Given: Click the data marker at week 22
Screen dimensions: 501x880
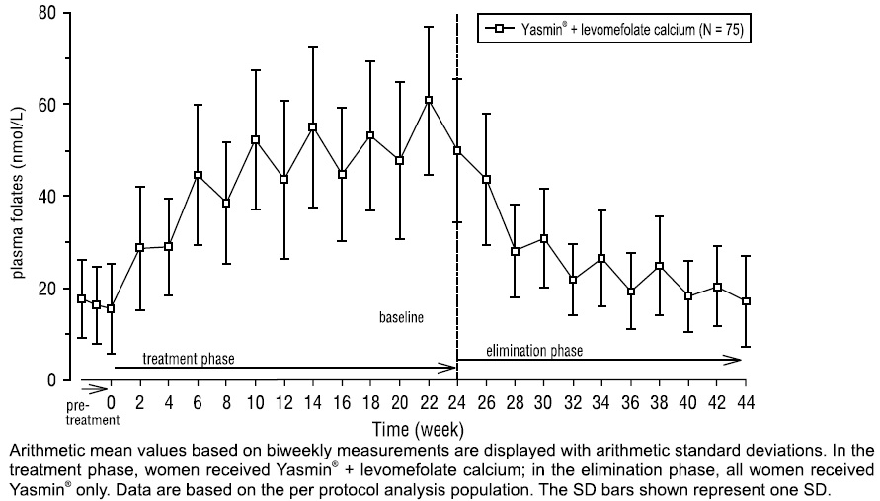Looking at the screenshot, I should tap(428, 100).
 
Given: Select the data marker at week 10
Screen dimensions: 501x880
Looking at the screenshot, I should tap(255, 140).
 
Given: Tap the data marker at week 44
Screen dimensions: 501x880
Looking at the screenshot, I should tap(746, 301).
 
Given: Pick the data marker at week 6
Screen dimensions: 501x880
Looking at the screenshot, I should tap(198, 175).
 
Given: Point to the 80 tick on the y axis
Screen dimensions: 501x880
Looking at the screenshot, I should tap(66, 13).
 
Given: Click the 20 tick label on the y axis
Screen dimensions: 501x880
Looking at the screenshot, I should tap(45, 289).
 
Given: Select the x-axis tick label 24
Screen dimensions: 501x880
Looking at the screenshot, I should tap(457, 403).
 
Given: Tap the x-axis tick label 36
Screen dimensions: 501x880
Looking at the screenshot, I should tap(630, 403).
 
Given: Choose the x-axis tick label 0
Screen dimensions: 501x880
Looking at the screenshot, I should tap(112, 403).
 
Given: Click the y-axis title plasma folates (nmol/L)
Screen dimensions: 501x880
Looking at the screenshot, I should tap(19, 197).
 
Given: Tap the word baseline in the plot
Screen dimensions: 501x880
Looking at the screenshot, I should tap(402, 319).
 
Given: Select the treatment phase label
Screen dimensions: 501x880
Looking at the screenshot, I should tap(189, 356).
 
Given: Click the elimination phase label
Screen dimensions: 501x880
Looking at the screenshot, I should tap(534, 350).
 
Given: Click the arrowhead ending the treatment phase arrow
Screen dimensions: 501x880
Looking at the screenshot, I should tap(450, 368).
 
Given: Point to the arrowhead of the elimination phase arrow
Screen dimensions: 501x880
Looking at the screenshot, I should tap(736, 360).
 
